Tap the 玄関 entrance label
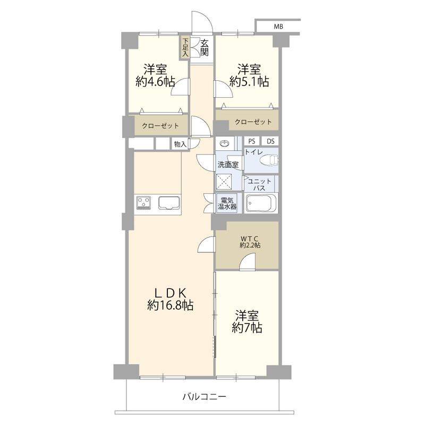204,47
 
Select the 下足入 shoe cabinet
185,47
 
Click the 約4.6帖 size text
155,82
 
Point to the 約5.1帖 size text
249,82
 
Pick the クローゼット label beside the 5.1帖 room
253,122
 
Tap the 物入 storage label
180,143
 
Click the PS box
251,141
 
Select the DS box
270,141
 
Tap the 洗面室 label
227,165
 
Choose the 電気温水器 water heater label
228,202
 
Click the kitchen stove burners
143,202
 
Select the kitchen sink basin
169,202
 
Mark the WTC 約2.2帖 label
250,242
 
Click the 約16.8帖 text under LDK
170,305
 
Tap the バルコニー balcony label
204,396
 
